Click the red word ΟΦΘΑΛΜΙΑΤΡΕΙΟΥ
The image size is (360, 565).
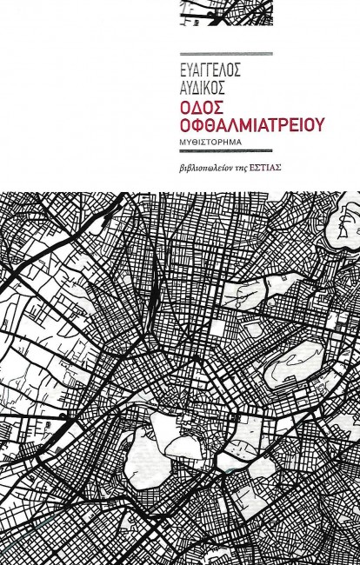[x=240, y=124]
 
